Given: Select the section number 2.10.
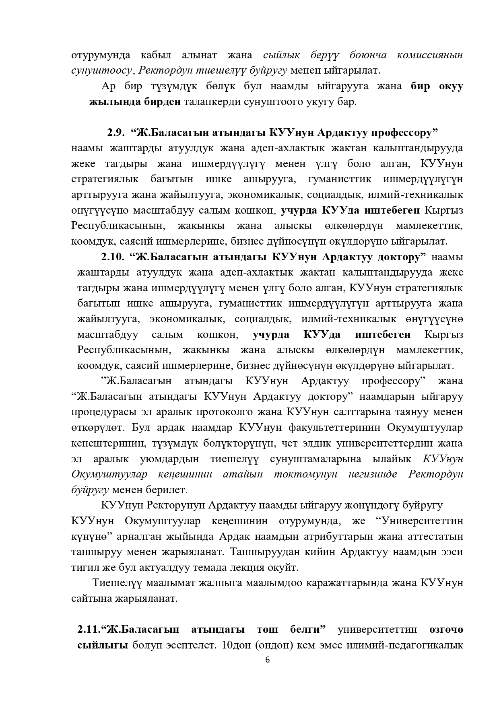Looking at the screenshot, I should tap(112, 257).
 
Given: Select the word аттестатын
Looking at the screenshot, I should tap(435, 536).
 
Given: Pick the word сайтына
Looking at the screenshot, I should tap(90, 598).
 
